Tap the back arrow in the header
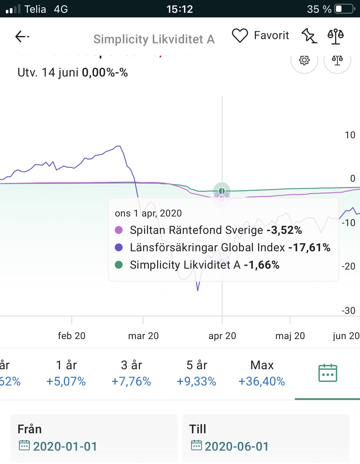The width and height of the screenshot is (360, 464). [x=22, y=37]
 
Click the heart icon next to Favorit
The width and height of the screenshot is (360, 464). [x=240, y=36]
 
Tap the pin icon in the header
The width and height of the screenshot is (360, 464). [x=309, y=36]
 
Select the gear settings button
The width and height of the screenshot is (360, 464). [x=304, y=60]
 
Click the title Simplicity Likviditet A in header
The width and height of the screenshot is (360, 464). [x=154, y=39]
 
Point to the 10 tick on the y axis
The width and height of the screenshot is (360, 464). [x=350, y=135]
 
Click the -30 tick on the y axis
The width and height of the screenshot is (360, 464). [x=348, y=311]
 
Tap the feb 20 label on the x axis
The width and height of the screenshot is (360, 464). [x=72, y=336]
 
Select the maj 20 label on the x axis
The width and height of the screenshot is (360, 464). [x=290, y=336]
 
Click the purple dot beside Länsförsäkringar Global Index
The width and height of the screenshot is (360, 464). [x=119, y=248]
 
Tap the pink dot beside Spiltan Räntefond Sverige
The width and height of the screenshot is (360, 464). [x=119, y=230]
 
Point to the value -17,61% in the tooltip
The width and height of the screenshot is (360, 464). [x=309, y=248]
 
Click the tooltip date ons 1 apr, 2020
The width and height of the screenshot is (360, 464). [x=148, y=213]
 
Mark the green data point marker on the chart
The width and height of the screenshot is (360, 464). [x=222, y=191]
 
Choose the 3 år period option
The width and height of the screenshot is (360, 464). [x=131, y=373]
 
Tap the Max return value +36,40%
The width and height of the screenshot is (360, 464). [x=262, y=381]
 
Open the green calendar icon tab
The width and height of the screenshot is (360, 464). [x=328, y=373]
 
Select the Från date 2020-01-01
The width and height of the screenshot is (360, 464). [x=65, y=446]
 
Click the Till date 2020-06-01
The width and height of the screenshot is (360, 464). [x=237, y=446]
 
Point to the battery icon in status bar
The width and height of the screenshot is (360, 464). [x=344, y=9]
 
